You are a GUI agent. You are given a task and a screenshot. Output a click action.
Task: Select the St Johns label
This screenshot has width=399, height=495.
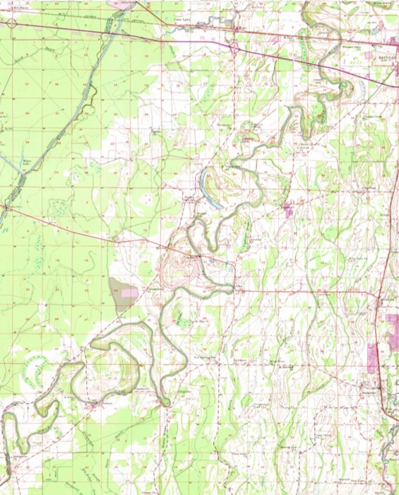pyautogui.click(x=69, y=397)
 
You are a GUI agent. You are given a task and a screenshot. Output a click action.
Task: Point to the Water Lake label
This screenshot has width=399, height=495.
pyautogui.click(x=28, y=162)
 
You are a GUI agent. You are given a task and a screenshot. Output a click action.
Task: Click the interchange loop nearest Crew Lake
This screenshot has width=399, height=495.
pyautogui.click(x=234, y=47)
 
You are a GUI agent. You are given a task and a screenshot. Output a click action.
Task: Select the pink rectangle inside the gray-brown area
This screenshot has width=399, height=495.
pyautogui.click(x=130, y=292)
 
